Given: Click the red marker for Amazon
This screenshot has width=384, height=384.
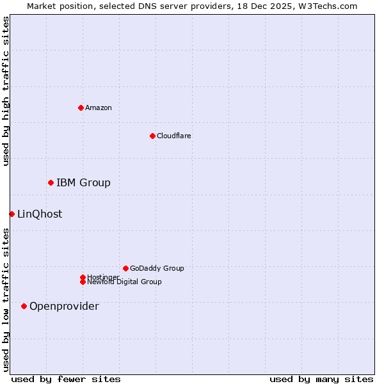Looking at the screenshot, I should [x=81, y=108].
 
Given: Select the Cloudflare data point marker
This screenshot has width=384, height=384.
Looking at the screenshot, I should [x=152, y=136].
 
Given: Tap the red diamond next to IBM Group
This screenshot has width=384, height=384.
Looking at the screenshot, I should [x=51, y=182].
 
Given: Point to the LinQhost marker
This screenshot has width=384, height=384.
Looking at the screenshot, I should [x=12, y=214].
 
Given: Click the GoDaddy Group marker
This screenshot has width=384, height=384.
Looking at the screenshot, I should [x=125, y=268].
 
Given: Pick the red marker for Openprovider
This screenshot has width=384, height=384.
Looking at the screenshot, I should [x=24, y=306].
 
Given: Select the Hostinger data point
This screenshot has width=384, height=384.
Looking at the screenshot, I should [x=83, y=277].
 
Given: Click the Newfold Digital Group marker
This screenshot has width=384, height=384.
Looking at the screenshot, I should [x=83, y=282].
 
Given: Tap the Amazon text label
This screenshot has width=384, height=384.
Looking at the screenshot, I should [x=99, y=108].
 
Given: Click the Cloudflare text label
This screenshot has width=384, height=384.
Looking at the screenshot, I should [x=174, y=136].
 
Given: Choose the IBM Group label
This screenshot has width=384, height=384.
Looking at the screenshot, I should [x=83, y=183].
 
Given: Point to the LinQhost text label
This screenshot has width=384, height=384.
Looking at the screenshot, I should [x=40, y=214].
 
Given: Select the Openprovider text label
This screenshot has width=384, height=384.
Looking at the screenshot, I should [x=64, y=307].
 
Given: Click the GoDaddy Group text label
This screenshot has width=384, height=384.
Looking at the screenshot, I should [x=157, y=268].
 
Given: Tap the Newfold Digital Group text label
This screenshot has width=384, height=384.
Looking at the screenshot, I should [x=124, y=282].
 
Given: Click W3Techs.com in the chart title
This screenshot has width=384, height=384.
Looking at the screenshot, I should [x=326, y=6].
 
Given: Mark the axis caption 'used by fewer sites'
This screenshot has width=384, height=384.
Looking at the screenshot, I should [x=66, y=379].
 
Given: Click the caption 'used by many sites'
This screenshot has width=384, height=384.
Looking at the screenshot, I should [x=321, y=379].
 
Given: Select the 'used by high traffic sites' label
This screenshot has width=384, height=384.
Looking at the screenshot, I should [x=6, y=91].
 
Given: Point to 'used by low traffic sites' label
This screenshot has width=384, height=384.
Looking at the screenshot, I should [x=6, y=300].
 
